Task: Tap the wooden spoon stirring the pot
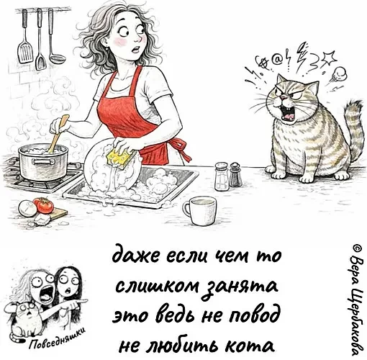point(58,134)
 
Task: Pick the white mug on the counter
point(199,211)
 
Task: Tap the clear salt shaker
point(222,176)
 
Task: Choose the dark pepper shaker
point(235,174)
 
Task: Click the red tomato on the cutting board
point(45,206)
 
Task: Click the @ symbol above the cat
point(276,60)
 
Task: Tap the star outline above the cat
point(328,58)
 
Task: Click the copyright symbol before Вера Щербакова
point(357,248)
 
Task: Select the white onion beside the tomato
point(27,208)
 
